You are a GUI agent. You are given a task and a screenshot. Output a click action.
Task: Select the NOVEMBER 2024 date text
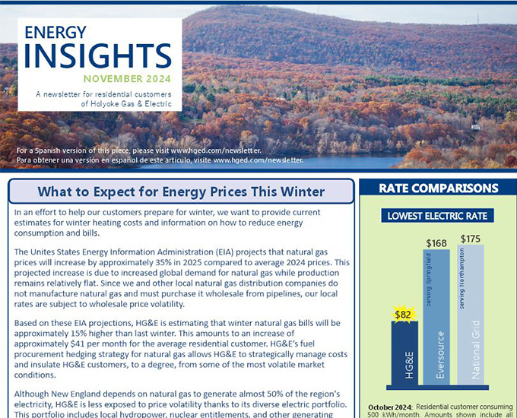click(x=127, y=79)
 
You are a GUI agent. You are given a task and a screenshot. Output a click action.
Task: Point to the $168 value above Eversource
click(x=436, y=242)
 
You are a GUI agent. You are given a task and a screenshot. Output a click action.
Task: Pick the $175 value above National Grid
click(x=471, y=239)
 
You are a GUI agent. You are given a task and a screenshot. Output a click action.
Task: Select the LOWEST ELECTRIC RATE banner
click(x=437, y=215)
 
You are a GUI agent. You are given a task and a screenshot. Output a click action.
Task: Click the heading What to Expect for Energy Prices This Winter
click(x=181, y=192)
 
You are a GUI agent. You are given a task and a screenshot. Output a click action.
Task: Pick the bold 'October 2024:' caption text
click(x=391, y=407)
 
